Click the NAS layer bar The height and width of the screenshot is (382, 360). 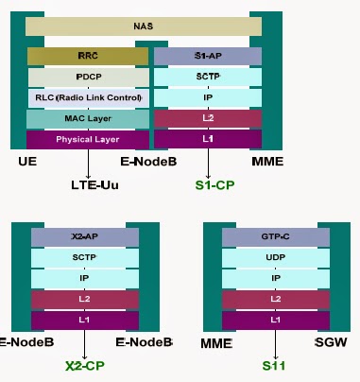click(144, 27)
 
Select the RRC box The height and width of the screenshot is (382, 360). click(88, 56)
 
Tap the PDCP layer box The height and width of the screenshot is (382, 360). click(88, 77)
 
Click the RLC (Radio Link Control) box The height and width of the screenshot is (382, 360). click(88, 97)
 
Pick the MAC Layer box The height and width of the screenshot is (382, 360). click(88, 118)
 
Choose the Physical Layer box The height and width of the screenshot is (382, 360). click(88, 139)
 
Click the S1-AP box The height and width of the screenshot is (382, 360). click(207, 56)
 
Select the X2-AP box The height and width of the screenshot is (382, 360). click(84, 237)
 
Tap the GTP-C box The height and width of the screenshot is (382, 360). click(274, 237)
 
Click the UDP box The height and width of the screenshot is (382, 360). click(274, 258)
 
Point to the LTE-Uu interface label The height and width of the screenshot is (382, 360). click(94, 184)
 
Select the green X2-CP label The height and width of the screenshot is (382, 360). click(84, 366)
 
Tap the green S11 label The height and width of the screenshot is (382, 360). click(275, 366)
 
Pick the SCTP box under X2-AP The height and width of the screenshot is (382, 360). click(84, 258)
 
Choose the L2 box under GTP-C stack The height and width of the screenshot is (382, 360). click(274, 300)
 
